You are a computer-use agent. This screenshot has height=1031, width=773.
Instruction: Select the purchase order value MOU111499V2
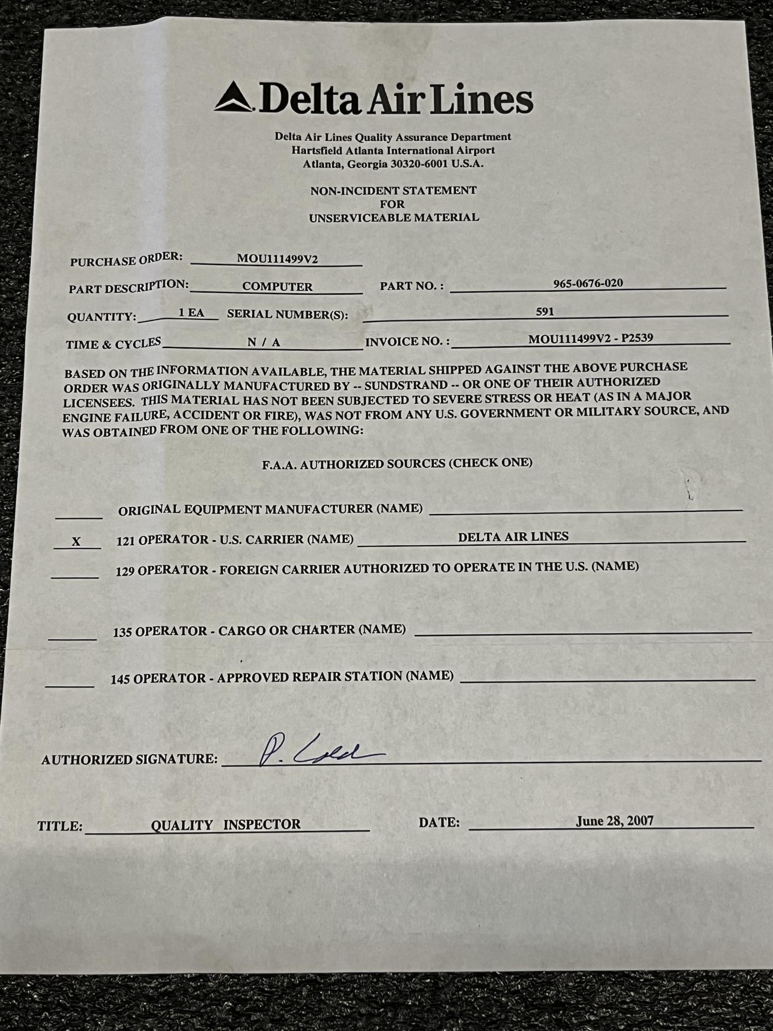pos(277,259)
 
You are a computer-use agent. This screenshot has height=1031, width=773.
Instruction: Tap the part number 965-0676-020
pos(587,283)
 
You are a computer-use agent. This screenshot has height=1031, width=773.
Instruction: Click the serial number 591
pos(545,311)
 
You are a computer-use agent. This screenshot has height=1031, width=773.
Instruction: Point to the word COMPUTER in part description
pos(277,287)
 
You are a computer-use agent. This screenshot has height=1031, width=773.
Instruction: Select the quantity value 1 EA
pos(191,312)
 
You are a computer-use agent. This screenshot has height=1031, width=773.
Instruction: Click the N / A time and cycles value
pos(263,342)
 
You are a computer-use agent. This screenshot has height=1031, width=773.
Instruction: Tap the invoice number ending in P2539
pos(591,339)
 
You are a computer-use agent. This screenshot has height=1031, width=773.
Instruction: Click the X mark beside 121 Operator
pos(76,542)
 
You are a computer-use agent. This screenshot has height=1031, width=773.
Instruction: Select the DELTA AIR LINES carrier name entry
pos(513,537)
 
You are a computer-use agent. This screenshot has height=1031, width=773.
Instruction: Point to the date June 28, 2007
pos(614,821)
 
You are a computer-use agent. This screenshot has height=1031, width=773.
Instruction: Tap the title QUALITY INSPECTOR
pos(226,824)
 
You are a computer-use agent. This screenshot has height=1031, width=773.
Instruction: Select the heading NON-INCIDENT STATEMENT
pos(393,191)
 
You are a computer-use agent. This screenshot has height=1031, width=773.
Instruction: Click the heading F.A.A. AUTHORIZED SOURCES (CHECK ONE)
pos(397,463)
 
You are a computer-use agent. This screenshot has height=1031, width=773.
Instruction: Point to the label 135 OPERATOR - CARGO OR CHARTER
pos(259,630)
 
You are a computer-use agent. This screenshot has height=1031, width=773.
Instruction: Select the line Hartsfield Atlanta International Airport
pos(393,151)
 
